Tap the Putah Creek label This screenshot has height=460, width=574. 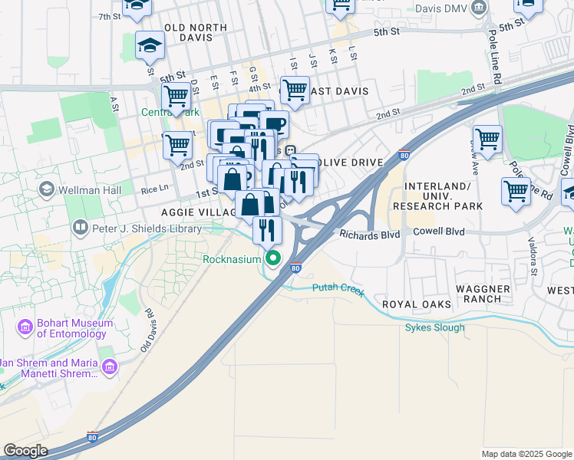338,288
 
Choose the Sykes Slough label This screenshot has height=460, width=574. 434,328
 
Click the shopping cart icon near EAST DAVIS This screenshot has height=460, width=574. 295,90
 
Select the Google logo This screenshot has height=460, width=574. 25,451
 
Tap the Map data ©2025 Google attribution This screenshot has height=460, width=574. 526,454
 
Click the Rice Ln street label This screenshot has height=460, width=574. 154,189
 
